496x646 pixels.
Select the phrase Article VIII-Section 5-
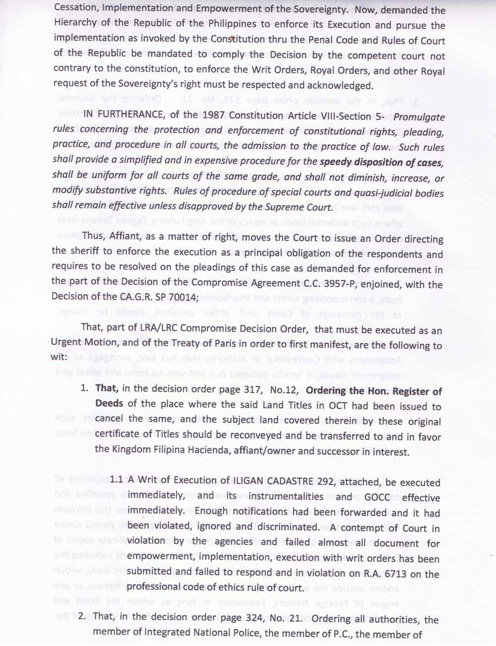click(334, 116)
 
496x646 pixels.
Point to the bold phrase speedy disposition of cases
click(381, 162)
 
